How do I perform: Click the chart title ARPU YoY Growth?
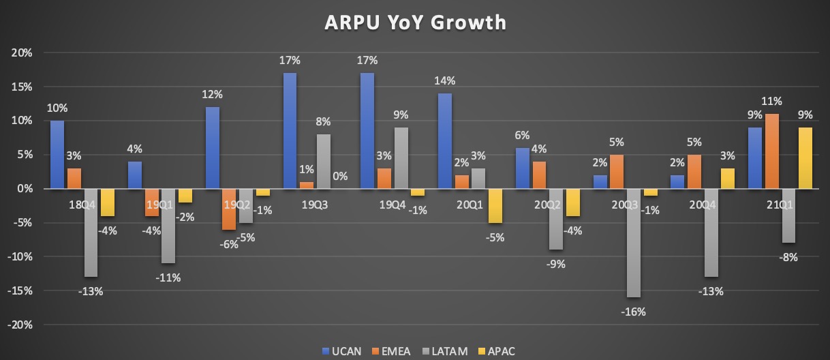(x=415, y=22)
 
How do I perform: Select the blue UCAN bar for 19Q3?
(x=290, y=130)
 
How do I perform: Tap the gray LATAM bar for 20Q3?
(x=634, y=243)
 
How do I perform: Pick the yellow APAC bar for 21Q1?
(x=805, y=157)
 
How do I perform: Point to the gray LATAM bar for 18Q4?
(x=91, y=232)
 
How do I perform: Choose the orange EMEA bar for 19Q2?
(x=230, y=209)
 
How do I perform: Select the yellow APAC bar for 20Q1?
(x=495, y=205)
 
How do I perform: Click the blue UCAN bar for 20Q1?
(x=445, y=140)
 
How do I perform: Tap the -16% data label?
(x=633, y=312)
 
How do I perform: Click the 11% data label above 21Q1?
(x=772, y=102)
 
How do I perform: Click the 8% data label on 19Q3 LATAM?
(x=322, y=122)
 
